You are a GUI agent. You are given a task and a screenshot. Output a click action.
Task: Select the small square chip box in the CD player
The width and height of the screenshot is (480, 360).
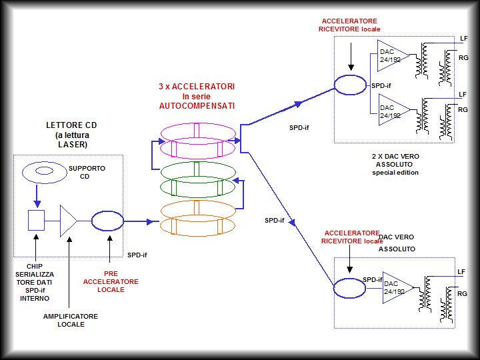point(36,219)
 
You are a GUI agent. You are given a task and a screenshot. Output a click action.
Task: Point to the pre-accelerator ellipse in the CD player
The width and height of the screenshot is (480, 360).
point(107,219)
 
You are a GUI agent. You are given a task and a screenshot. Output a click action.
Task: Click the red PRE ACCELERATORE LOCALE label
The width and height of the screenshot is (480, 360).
point(111,281)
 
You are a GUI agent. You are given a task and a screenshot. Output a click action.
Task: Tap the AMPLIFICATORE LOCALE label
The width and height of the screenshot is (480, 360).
point(70,320)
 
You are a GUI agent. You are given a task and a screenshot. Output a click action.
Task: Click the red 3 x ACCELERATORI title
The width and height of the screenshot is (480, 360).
point(196,96)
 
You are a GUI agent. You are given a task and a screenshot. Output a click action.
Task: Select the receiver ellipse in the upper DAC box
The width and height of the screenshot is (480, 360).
point(352,85)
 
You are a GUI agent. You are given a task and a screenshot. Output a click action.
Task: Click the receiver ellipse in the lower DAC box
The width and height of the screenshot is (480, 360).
point(351,288)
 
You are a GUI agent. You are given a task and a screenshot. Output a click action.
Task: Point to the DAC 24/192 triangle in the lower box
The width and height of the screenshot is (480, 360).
point(396,287)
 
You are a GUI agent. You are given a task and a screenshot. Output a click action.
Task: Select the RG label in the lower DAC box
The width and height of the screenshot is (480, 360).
point(463,294)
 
